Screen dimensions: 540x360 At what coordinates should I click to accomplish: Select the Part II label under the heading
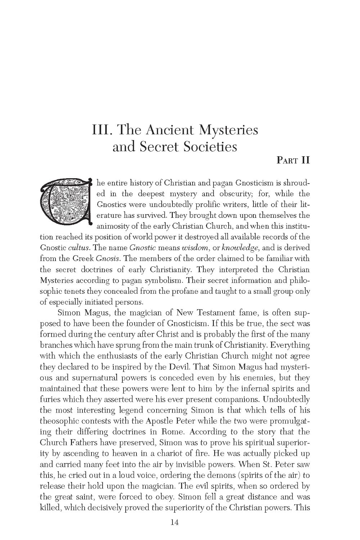pyautogui.click(x=293, y=160)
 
